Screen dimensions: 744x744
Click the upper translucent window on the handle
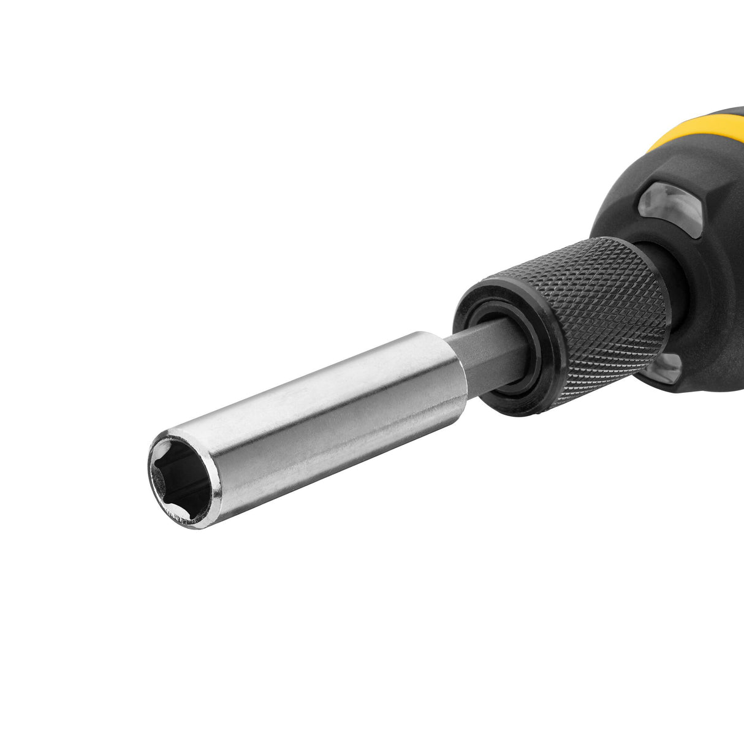[x=671, y=205]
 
